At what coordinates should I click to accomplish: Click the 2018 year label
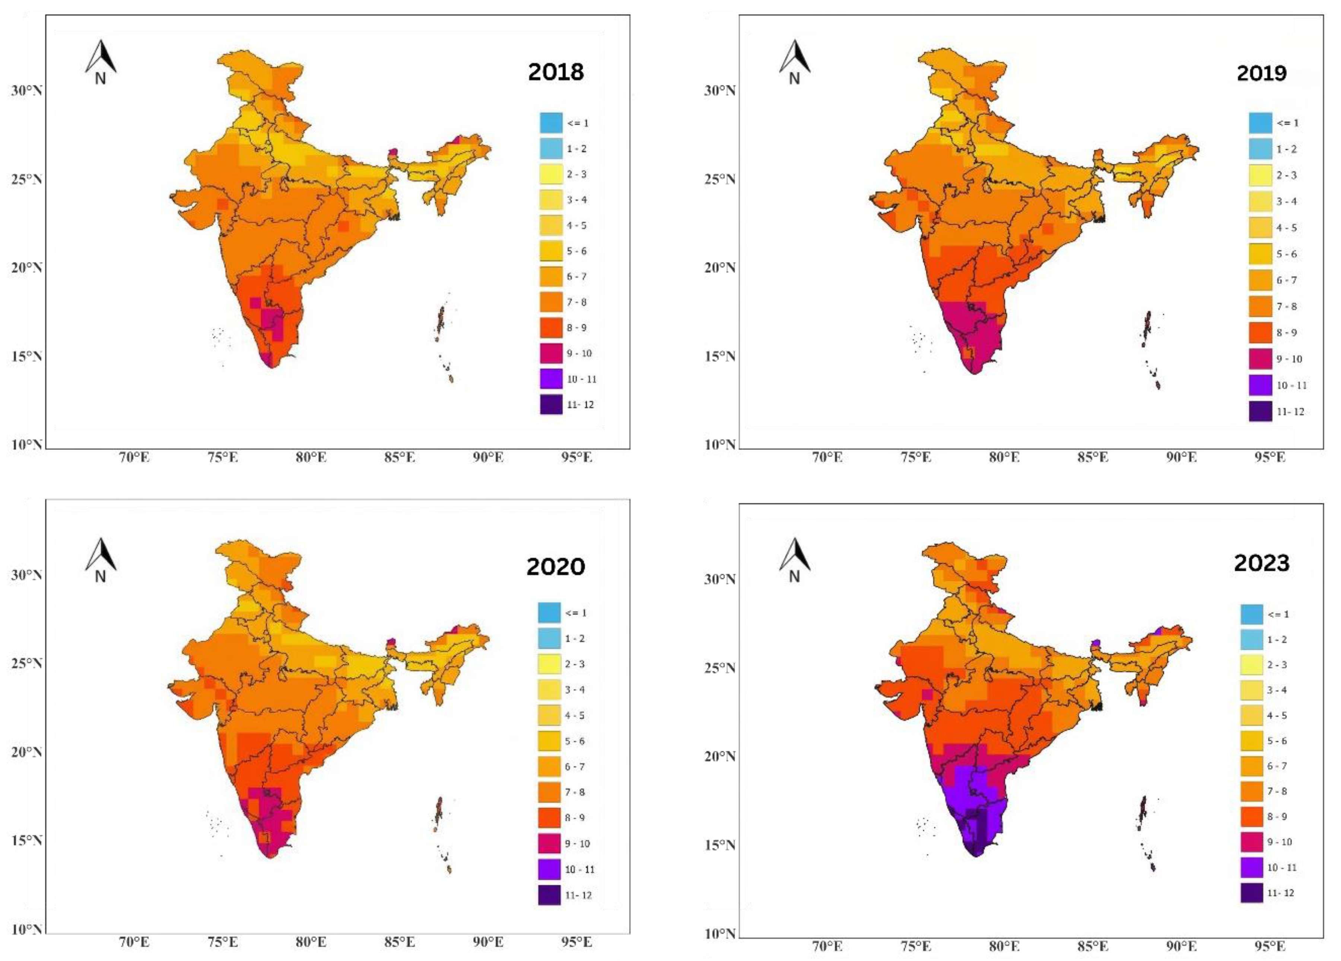[556, 72]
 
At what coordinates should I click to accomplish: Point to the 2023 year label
[1261, 563]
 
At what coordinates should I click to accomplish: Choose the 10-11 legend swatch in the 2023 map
[1252, 868]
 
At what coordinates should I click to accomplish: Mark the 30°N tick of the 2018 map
[26, 90]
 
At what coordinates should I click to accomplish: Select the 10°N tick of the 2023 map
[719, 934]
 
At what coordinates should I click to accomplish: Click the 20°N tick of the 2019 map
[719, 268]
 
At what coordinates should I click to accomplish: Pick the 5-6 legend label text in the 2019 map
[1287, 254]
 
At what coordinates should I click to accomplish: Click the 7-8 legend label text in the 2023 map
[1277, 791]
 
